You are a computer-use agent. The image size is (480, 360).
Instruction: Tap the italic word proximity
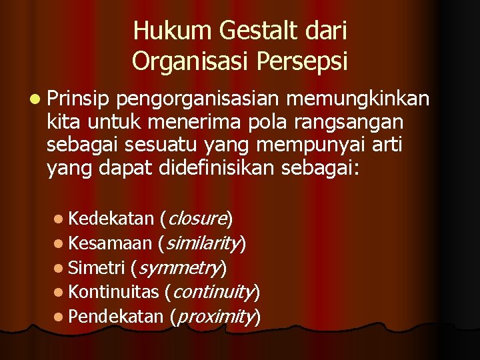tap(215, 317)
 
